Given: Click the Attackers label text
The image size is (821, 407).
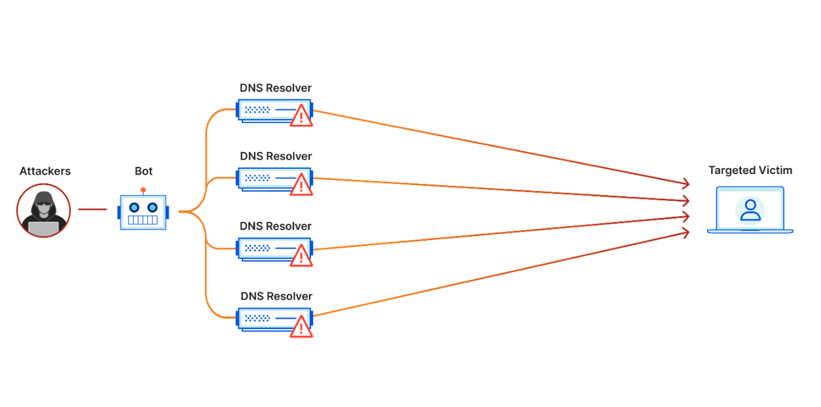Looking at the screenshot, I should click(x=45, y=171).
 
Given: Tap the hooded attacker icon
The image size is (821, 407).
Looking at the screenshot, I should click(x=43, y=210).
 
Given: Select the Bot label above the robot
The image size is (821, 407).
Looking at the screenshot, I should click(x=143, y=171).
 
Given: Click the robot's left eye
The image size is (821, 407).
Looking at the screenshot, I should click(x=134, y=207).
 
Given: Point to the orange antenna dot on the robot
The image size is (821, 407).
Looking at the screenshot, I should click(x=143, y=190).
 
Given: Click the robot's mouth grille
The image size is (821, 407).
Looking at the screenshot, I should click(x=143, y=221).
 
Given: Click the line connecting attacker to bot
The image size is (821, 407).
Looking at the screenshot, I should click(x=92, y=210).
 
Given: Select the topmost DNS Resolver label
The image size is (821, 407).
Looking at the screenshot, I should click(x=275, y=88).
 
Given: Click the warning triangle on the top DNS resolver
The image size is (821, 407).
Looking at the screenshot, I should click(x=301, y=116).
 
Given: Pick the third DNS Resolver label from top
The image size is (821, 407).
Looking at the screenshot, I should click(x=275, y=226).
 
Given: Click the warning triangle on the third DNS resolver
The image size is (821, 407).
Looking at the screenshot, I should click(x=301, y=256).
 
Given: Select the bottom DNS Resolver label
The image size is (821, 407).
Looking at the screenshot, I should click(x=276, y=296).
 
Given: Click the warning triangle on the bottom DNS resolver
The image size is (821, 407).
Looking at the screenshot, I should click(x=301, y=327).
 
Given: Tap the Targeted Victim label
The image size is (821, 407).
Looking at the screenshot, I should click(x=750, y=171).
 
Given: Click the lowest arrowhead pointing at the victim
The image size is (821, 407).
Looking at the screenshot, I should click(x=685, y=232).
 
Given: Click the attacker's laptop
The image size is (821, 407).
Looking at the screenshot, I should click(x=44, y=228).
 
